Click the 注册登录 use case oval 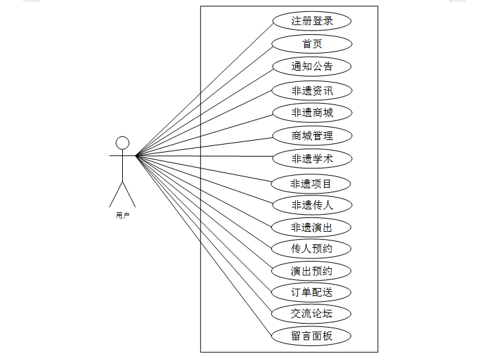point(312,21)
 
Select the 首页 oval point(312,44)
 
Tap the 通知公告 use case point(312,67)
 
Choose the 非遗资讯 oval point(312,90)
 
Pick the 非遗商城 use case point(312,113)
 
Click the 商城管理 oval point(312,136)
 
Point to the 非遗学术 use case point(312,159)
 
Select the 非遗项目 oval point(312,183)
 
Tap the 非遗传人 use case point(312,205)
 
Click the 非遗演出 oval point(312,228)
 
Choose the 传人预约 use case point(312,249)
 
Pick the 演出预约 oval point(312,271)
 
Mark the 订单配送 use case point(312,292)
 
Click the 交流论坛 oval point(312,313)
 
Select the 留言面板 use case point(312,336)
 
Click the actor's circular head point(122,143)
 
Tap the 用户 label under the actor point(122,215)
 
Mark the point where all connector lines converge point(136,156)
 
